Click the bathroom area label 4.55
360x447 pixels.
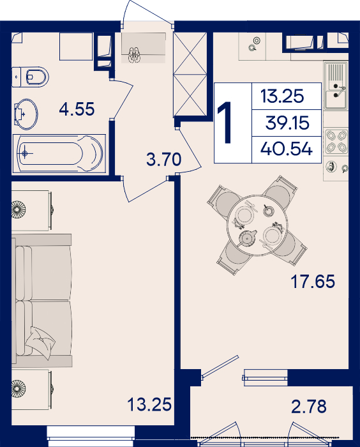77,109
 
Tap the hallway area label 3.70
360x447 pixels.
163,159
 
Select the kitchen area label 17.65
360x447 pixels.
313,282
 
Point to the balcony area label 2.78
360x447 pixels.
309,407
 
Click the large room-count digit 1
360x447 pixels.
227,123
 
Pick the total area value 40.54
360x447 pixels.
287,149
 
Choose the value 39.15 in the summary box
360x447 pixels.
287,123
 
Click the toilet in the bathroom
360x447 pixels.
30,77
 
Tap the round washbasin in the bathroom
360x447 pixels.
26,114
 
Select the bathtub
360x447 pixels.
59,154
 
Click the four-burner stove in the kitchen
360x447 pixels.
336,141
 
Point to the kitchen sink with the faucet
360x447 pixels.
336,86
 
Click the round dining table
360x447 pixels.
257,225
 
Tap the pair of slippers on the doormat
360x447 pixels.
134,55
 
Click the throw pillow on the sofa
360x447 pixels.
40,342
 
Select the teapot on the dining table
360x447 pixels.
248,238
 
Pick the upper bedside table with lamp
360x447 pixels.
31,210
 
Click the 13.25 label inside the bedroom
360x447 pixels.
149,404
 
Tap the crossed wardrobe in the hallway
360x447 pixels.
190,74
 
